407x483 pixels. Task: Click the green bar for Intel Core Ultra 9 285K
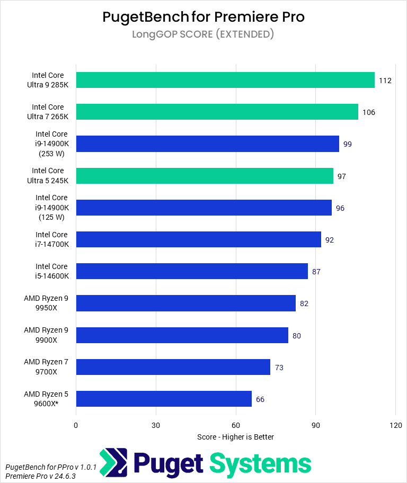[x=225, y=80]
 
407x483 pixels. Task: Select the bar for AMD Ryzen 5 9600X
[x=164, y=399]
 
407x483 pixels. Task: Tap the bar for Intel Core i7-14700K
[x=198, y=239]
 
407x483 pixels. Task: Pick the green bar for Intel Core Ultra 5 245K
[x=205, y=176]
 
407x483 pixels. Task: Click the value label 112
[x=385, y=80]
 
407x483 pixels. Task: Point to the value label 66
[x=260, y=399]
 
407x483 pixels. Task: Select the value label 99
[x=347, y=144]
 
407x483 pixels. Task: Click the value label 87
[x=316, y=272]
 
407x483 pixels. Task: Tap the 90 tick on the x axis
[x=315, y=425]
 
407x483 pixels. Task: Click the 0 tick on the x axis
[x=76, y=425]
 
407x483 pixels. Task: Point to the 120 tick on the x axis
[x=395, y=425]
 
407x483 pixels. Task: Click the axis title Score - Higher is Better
[x=235, y=437]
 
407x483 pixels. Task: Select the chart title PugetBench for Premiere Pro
[x=203, y=17]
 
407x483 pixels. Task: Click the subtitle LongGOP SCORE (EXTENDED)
[x=203, y=34]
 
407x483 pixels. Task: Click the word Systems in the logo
[x=260, y=463]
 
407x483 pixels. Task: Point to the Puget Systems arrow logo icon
[x=113, y=462]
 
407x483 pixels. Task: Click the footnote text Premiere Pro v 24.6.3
[x=40, y=476]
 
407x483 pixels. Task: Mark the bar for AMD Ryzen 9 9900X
[x=182, y=335]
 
